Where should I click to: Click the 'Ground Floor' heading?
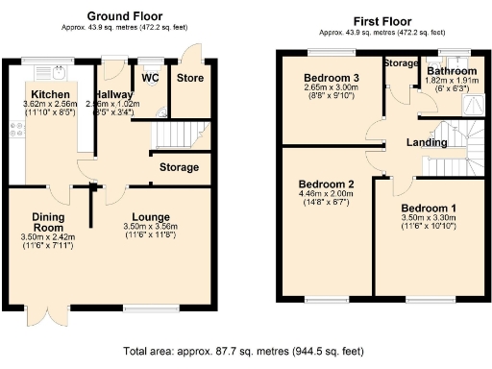click(x=125, y=15)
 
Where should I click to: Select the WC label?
click(x=150, y=77)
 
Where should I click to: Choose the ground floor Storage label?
click(x=180, y=167)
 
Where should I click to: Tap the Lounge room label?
click(x=151, y=216)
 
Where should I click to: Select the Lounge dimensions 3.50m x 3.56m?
click(x=151, y=228)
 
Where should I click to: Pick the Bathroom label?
click(x=452, y=71)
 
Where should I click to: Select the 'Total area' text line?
click(x=246, y=353)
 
